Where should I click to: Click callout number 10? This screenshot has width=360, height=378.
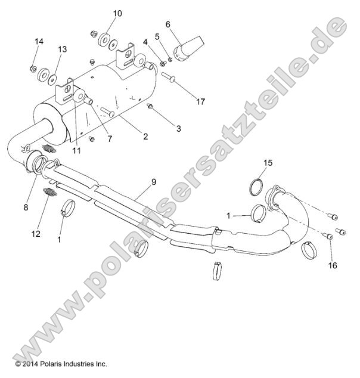116,13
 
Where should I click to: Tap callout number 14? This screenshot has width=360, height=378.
39,41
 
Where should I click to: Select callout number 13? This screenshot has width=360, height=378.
63,49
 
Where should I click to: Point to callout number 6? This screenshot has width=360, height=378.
168,24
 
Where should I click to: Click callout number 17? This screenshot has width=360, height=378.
200,101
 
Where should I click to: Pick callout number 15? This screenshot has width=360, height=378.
268,162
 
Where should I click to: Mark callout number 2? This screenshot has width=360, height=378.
145,137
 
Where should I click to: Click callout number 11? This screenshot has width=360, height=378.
76,150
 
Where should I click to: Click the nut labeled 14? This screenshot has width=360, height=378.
33,68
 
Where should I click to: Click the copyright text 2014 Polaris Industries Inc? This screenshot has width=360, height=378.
61,362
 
